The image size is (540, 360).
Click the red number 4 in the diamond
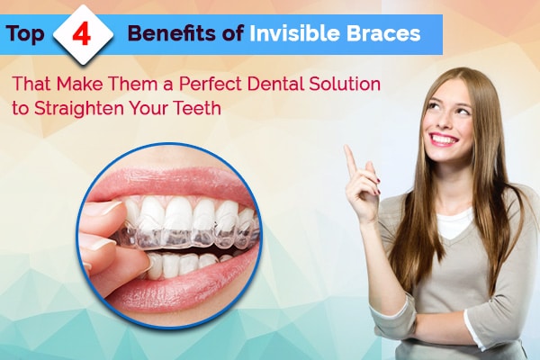pos(82,36)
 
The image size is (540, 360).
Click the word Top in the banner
pos(25,34)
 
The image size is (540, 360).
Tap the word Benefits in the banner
pos(175,34)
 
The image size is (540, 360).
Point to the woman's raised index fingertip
pos(347,148)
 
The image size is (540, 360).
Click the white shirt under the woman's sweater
pos(454,223)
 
